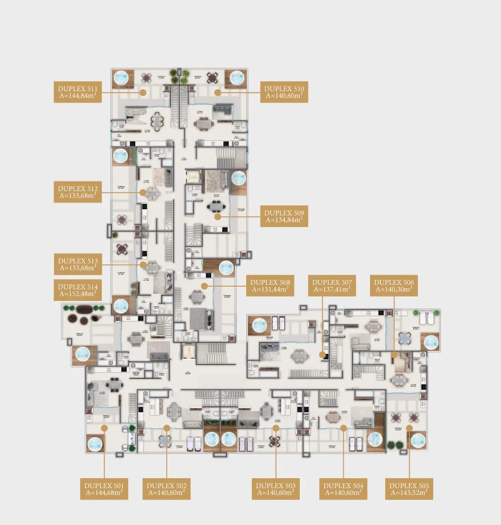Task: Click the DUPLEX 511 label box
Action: tap(77, 92)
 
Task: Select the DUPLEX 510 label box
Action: tap(284, 92)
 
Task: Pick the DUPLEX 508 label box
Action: tap(270, 286)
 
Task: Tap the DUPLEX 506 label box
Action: tap(394, 286)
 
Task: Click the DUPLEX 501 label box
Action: tap(104, 489)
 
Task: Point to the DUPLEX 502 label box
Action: tap(167, 489)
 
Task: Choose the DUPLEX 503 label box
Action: tap(276, 489)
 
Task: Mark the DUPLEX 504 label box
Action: tap(343, 489)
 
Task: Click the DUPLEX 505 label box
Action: tap(409, 489)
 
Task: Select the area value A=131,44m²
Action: tap(270, 289)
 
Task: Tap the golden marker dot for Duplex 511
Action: tap(142, 92)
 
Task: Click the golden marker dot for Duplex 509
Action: tap(218, 216)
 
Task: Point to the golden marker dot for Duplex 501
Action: tap(104, 429)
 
